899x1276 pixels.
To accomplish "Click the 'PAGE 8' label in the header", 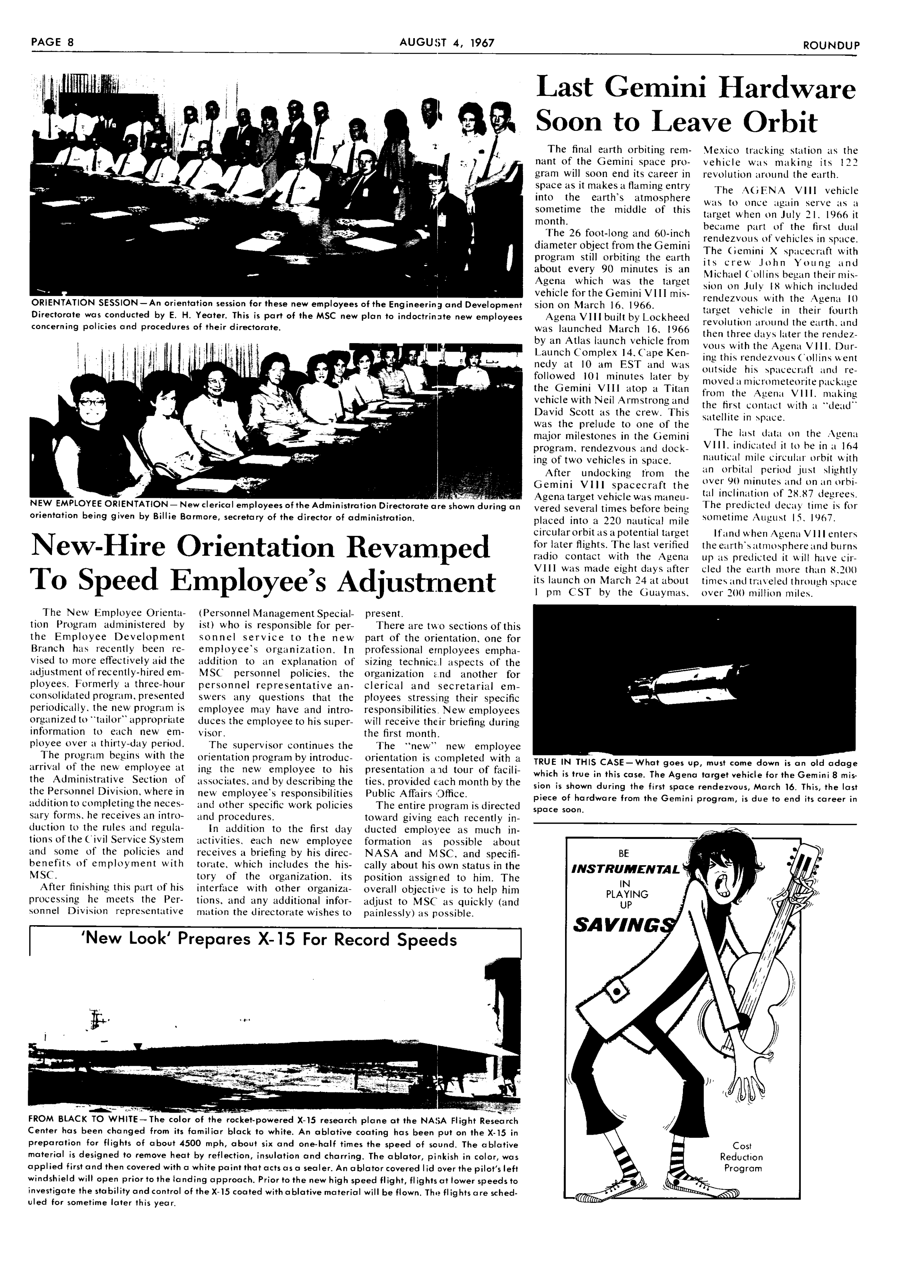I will [52, 43].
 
